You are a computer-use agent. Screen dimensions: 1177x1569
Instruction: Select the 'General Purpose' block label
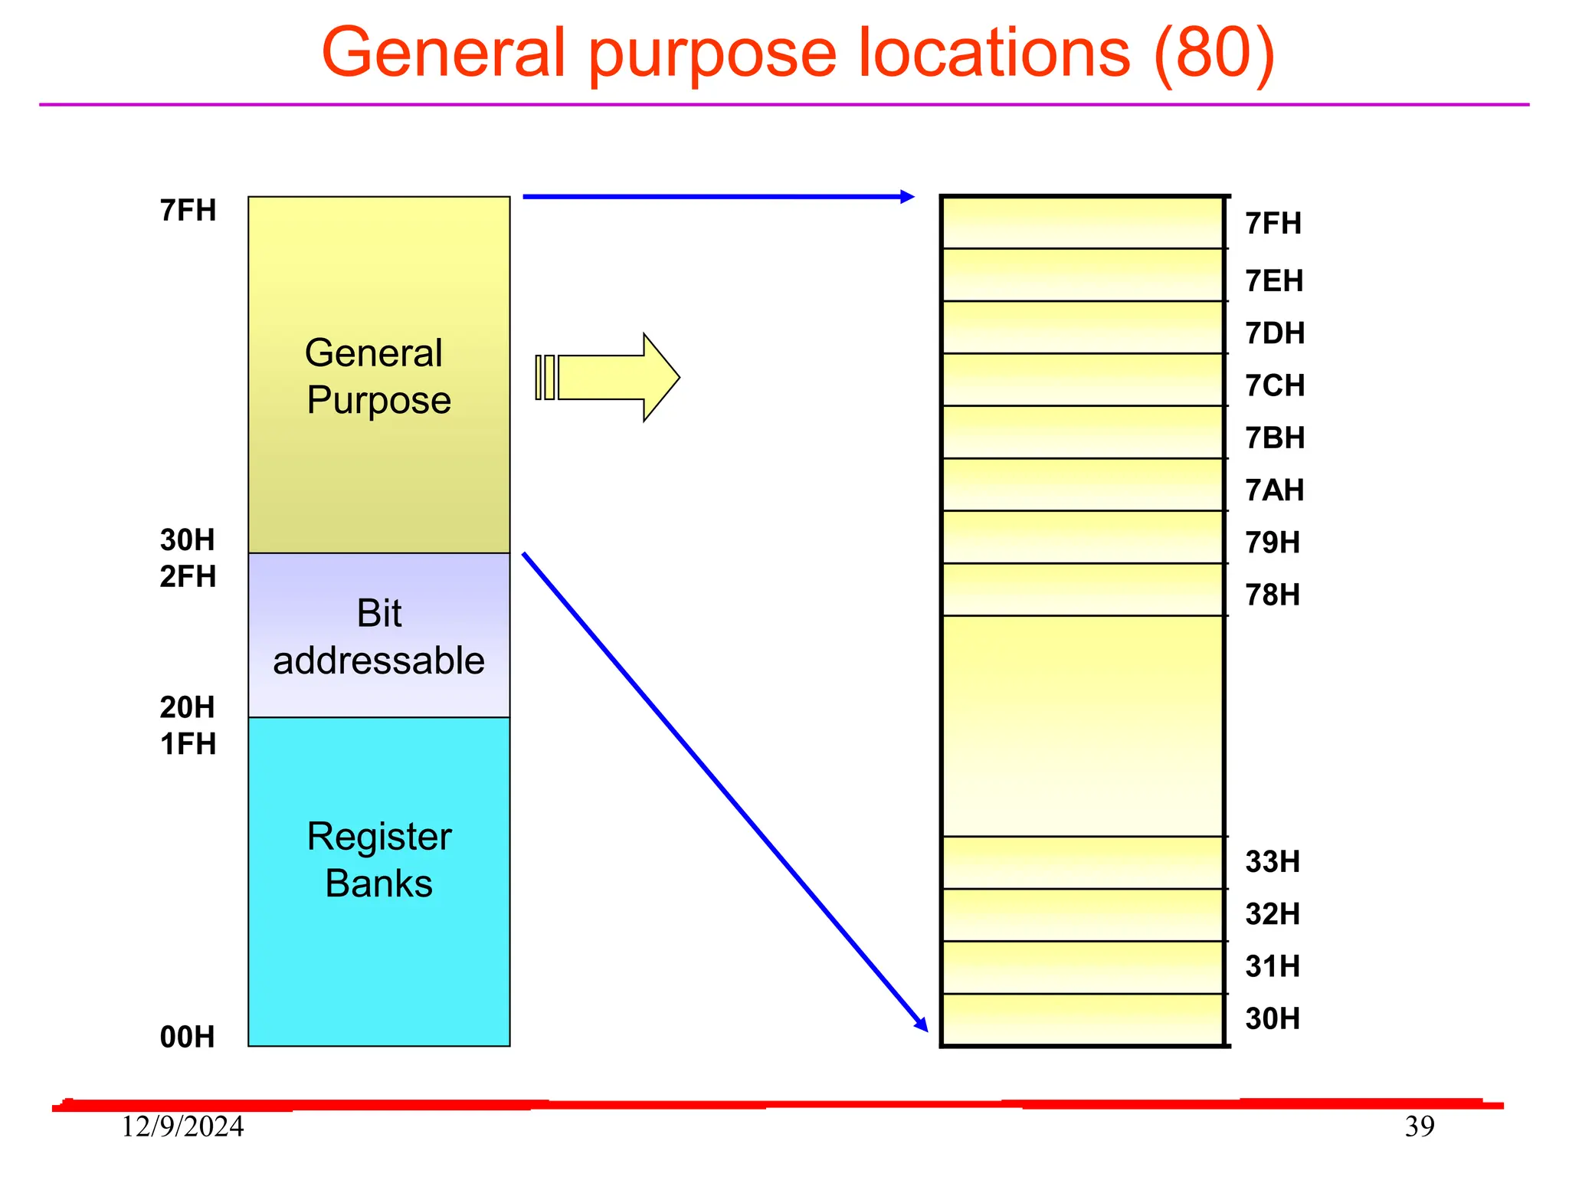378,376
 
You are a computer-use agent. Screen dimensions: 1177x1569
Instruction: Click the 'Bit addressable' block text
378,637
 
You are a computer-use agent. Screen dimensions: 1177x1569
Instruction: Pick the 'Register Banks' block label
378,860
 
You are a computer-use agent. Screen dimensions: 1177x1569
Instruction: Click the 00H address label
187,1037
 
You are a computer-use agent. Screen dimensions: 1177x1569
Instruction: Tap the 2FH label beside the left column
188,576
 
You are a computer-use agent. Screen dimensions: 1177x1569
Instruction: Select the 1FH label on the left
188,744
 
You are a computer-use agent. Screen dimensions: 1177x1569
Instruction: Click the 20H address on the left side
187,707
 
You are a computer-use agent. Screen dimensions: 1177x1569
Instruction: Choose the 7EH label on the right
1273,281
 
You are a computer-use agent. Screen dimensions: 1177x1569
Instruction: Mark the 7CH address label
1274,385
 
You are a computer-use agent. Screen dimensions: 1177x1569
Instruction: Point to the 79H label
1272,543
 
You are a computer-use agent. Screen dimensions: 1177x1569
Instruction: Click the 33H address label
1272,862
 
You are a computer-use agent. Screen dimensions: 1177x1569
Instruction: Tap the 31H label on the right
1272,966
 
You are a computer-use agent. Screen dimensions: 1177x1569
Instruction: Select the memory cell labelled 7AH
1082,484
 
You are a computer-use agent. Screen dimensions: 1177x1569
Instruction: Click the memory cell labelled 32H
1082,915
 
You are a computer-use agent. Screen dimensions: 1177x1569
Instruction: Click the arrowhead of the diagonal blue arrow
922,1024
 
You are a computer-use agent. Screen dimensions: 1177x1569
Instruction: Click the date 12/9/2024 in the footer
182,1126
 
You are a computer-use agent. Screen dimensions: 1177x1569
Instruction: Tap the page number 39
1419,1126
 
